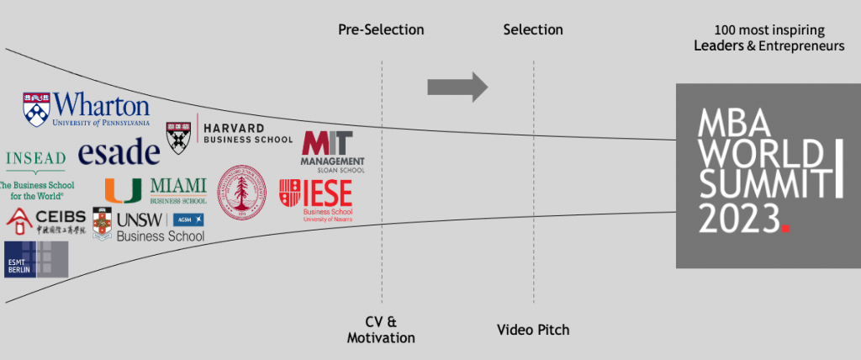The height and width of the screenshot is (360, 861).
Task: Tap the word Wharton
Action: (101, 106)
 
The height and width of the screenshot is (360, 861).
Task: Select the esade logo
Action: (119, 152)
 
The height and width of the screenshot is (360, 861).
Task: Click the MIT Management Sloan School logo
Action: (332, 151)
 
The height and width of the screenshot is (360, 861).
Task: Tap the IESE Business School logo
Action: (316, 197)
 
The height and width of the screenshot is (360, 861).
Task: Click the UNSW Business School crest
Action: (103, 226)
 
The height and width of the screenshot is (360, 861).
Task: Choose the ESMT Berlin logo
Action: (35, 259)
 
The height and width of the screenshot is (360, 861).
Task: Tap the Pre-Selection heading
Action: (381, 30)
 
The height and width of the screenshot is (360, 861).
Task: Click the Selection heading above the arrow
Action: (533, 30)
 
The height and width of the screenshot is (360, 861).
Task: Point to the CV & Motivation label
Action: (381, 331)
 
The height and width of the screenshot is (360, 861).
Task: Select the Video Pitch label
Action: (532, 330)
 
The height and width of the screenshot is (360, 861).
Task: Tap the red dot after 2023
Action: (785, 227)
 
